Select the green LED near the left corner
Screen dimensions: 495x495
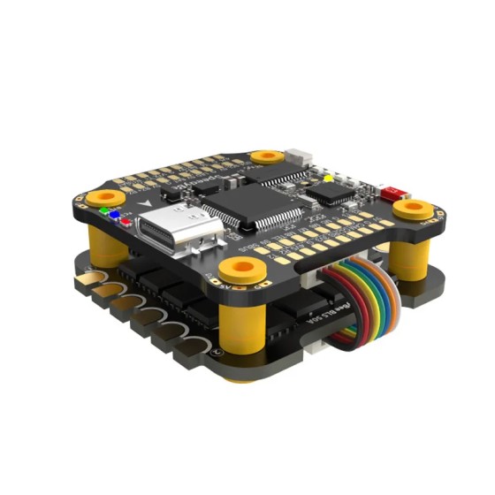(107, 212)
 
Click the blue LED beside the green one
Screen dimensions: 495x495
(114, 216)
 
